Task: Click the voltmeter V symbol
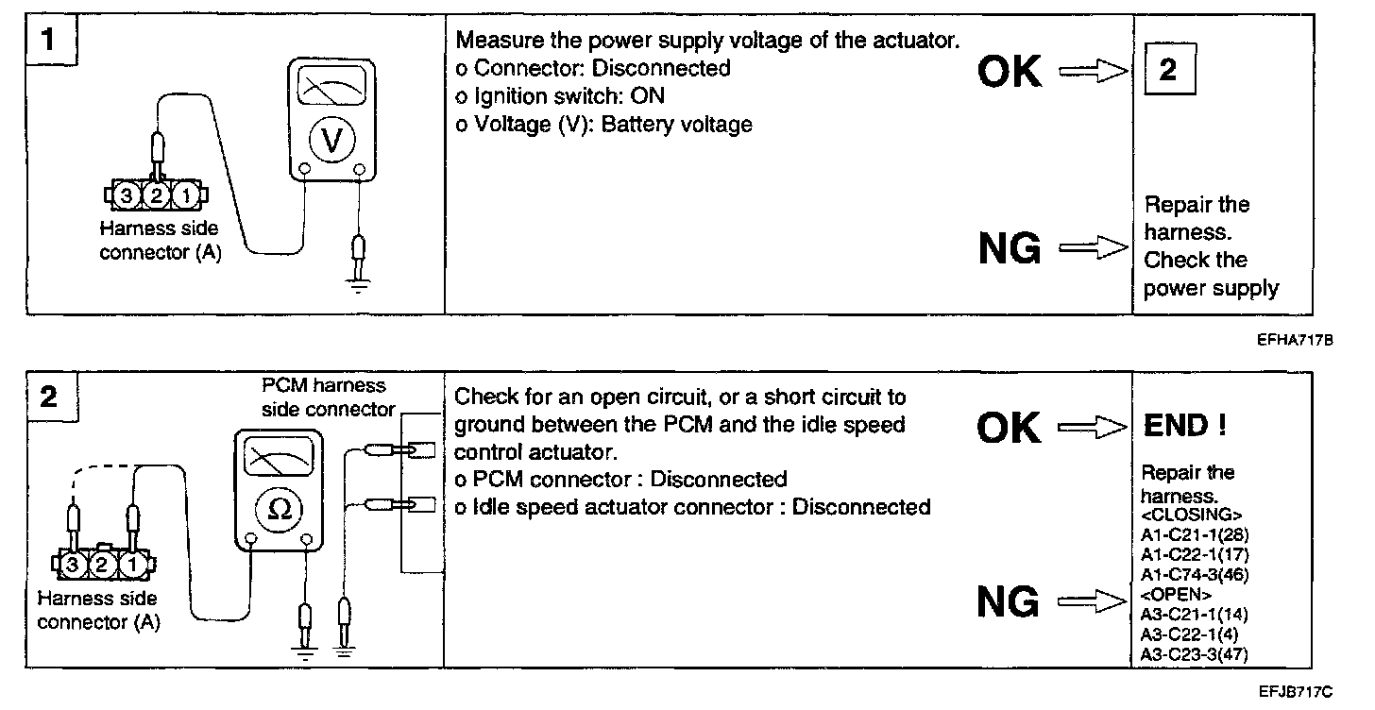(x=331, y=140)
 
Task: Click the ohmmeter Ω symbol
(x=280, y=508)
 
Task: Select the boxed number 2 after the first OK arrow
(x=1168, y=71)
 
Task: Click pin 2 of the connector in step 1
(x=156, y=195)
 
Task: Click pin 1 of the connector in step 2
(x=134, y=566)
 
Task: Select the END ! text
(x=1184, y=427)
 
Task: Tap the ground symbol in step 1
(x=357, y=283)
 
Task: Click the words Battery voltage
(x=676, y=124)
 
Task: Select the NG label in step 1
(x=1010, y=248)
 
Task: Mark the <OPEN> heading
(x=1177, y=595)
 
